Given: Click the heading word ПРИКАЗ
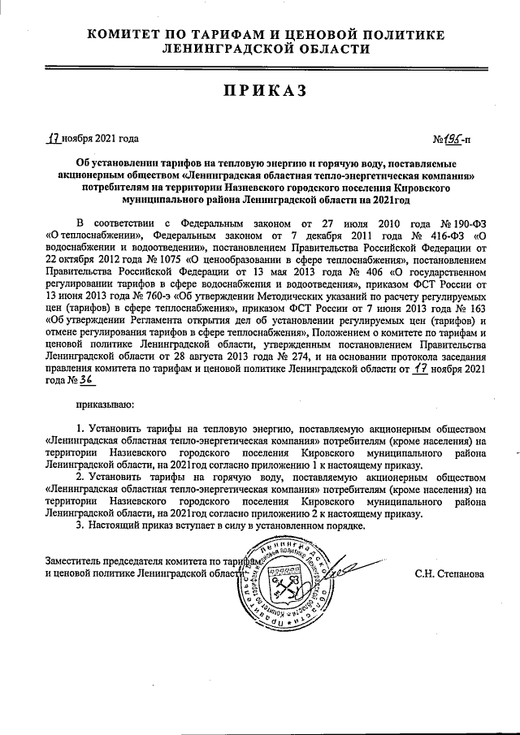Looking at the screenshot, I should (259, 91).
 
